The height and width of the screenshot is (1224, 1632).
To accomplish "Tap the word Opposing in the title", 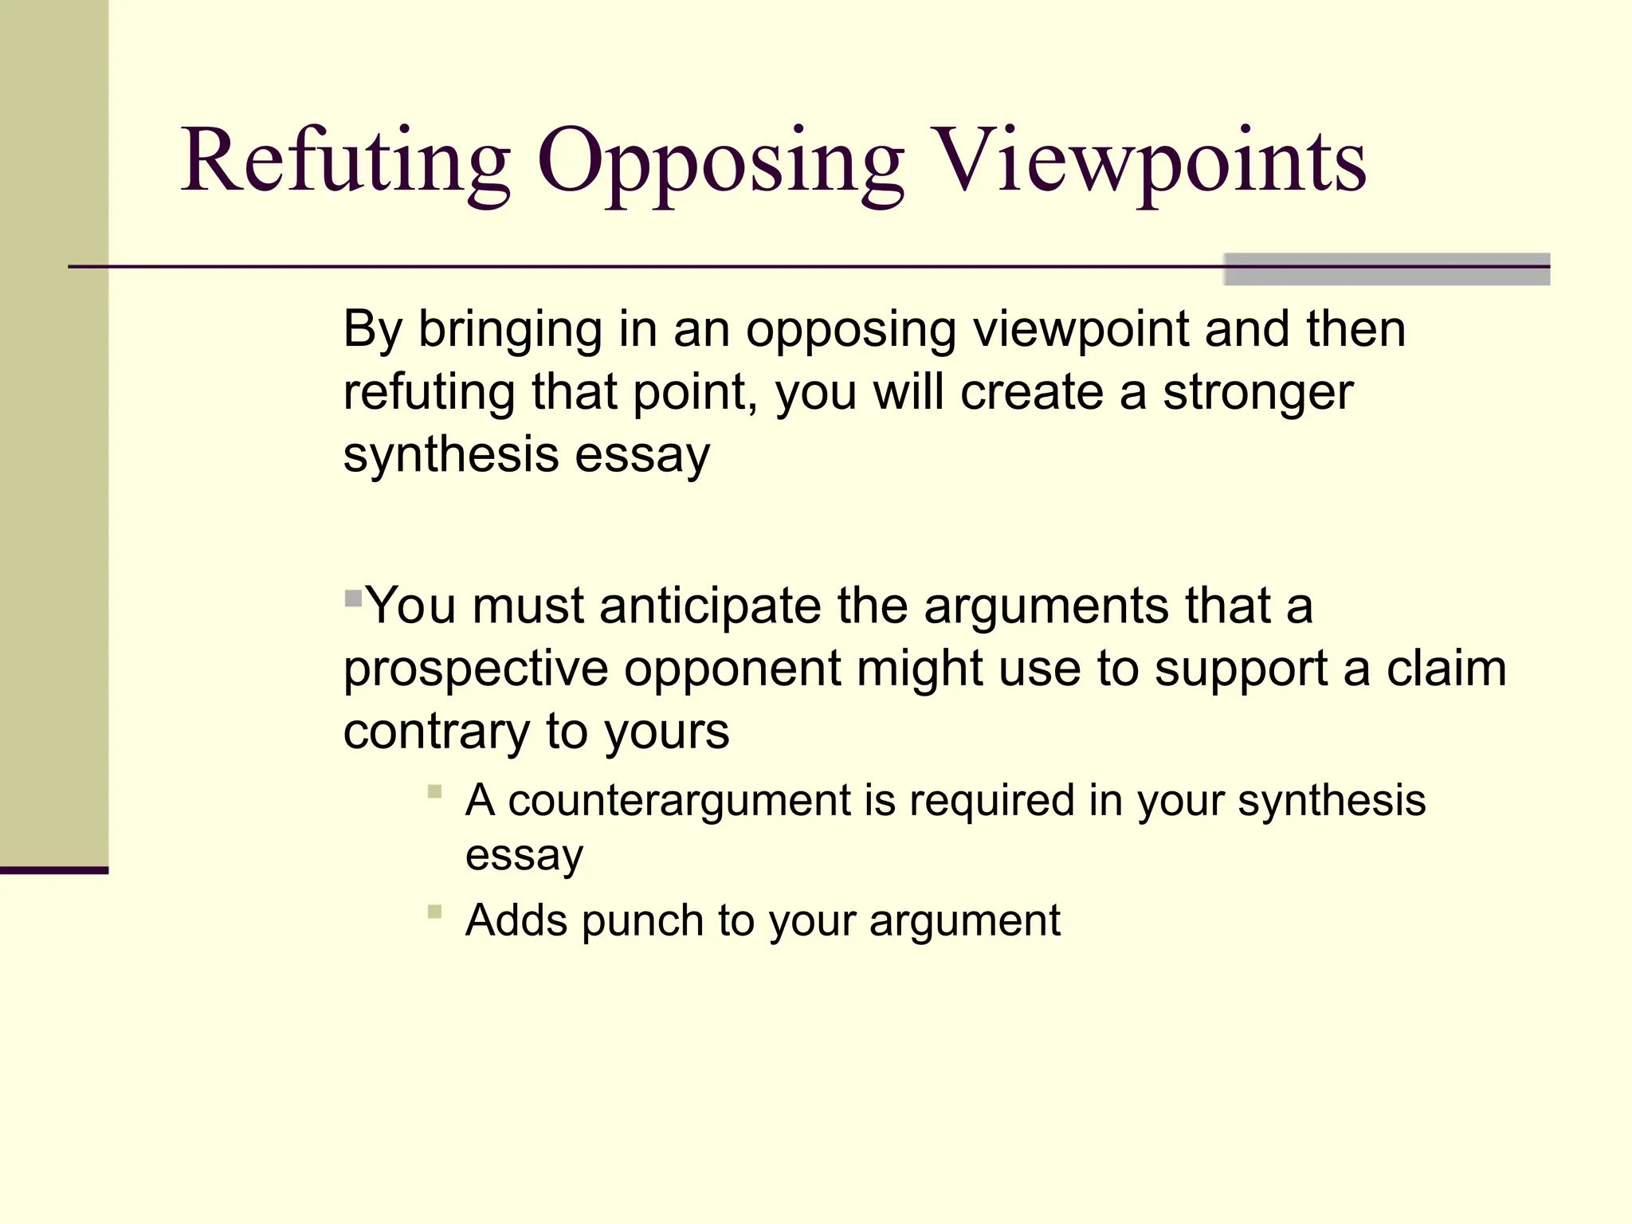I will [x=720, y=163].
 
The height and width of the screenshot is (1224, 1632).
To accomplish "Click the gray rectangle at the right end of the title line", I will [x=1386, y=269].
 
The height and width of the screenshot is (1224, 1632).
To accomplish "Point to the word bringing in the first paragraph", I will [x=511, y=330].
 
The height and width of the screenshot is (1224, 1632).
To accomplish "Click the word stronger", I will [x=1257, y=393].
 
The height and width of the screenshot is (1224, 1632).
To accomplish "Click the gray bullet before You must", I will [x=353, y=598].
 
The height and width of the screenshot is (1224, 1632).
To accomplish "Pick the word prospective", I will [x=476, y=669].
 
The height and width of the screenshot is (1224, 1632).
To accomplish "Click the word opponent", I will [x=731, y=669].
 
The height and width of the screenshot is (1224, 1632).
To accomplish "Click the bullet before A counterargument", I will [x=434, y=791].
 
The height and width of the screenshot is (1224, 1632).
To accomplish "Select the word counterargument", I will [x=680, y=800].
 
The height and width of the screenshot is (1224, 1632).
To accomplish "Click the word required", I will [x=991, y=800].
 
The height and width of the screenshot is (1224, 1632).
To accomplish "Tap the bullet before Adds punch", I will [x=434, y=912].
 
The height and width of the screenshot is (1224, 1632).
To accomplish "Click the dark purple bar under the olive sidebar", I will [x=53, y=870].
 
